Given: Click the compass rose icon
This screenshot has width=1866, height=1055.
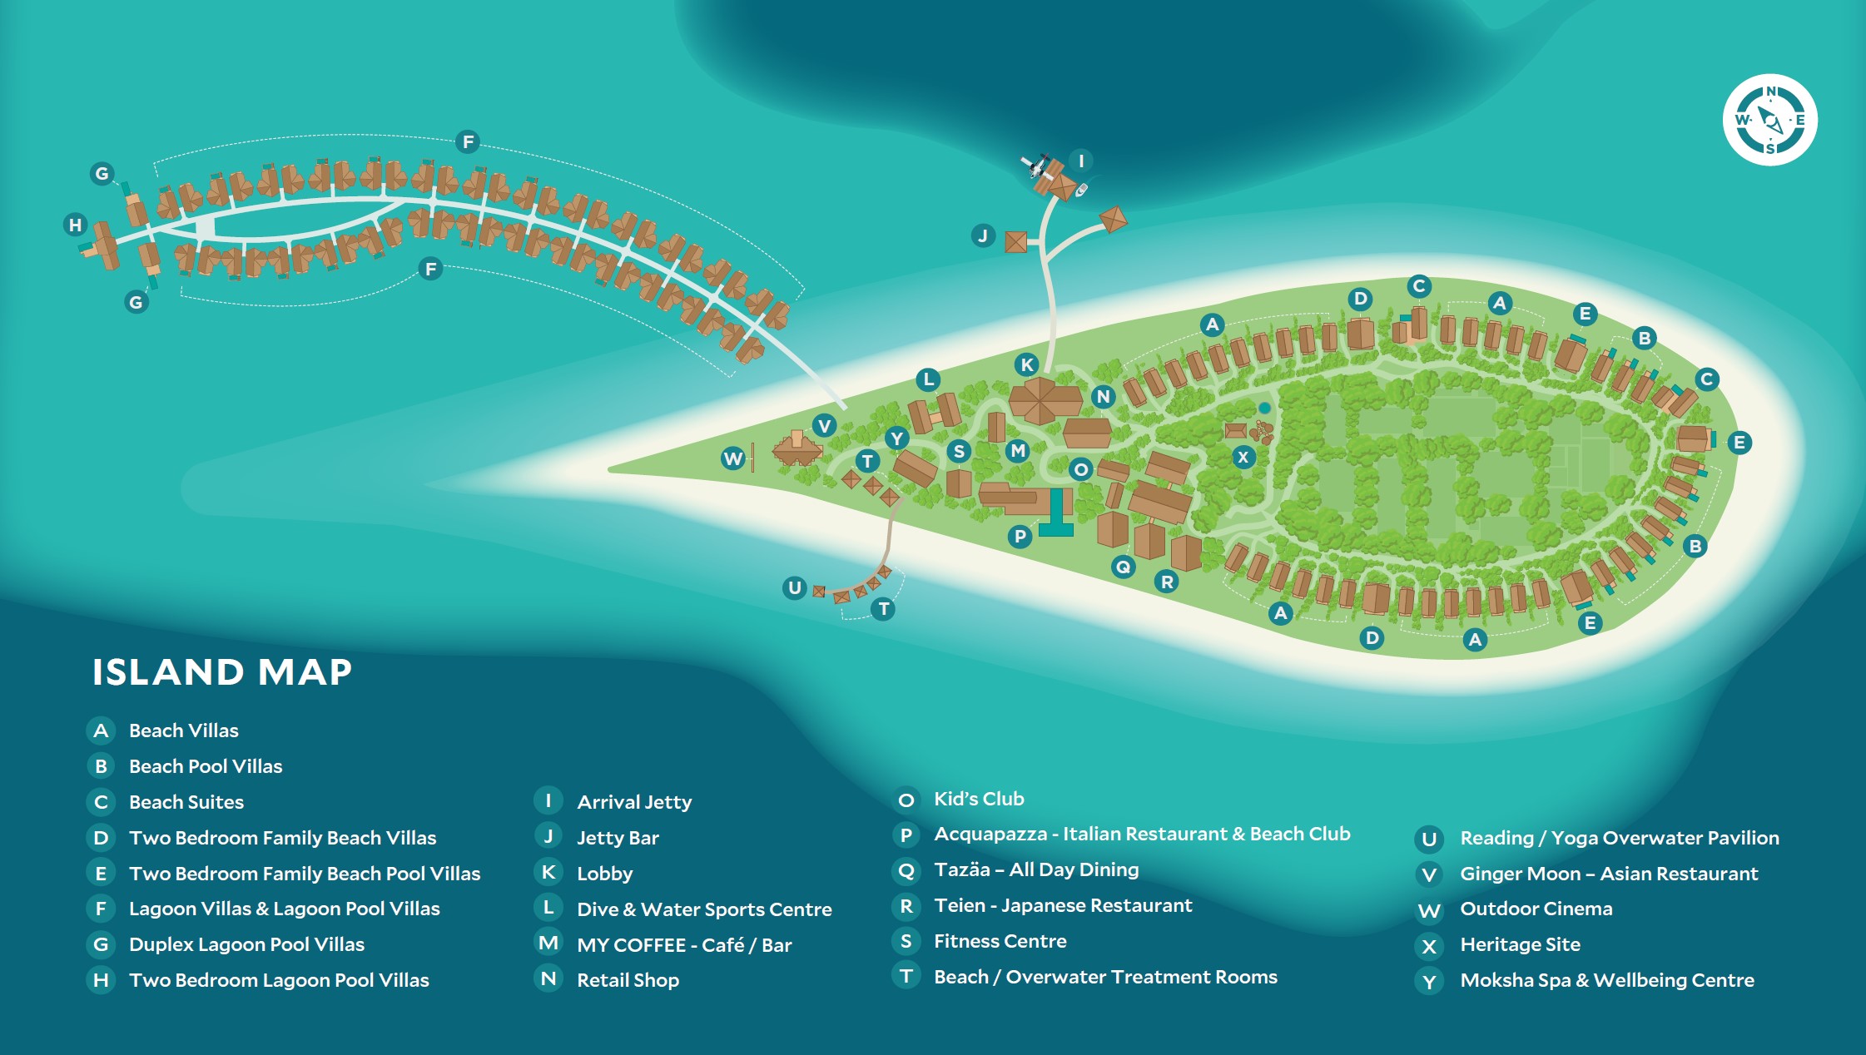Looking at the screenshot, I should [1769, 120].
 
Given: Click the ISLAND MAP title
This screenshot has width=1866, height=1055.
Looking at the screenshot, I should [222, 672].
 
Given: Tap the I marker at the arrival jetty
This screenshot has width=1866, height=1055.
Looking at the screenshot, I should [1080, 161].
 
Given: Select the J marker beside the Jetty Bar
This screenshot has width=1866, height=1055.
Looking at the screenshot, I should [983, 235].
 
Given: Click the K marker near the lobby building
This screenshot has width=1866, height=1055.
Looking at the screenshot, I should [1027, 364].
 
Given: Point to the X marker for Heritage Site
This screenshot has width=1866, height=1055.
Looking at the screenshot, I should [1243, 457].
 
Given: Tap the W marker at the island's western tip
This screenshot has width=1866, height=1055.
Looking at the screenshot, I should [732, 458].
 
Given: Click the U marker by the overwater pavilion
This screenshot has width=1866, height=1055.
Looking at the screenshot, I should [795, 587].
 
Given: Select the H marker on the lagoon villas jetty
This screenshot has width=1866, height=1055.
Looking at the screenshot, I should [76, 225].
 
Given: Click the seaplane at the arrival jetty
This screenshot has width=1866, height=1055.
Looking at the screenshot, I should [1037, 165].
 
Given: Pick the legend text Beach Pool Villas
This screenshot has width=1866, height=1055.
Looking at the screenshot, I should [205, 766].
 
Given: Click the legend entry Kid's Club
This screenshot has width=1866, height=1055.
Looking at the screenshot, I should [979, 799].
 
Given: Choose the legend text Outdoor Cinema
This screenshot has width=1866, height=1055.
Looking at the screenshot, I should [1536, 909].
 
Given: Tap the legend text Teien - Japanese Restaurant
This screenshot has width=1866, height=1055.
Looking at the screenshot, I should [1063, 905].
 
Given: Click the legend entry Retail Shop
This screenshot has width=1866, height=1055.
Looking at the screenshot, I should [628, 980].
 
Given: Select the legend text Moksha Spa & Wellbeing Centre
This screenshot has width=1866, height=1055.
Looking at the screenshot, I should [1606, 980].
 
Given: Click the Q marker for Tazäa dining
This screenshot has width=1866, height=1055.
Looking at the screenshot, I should [1123, 567].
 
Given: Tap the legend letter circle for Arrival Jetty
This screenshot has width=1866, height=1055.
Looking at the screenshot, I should [548, 801].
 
